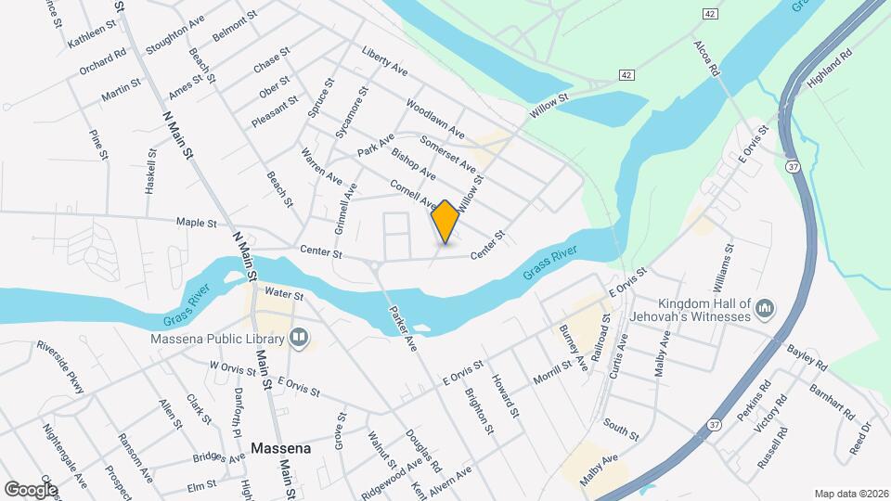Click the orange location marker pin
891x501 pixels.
point(445,222)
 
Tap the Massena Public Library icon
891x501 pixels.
point(299,337)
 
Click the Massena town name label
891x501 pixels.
point(280,448)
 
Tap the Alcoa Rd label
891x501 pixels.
point(707,58)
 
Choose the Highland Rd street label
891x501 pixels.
point(829,70)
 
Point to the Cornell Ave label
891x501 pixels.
point(414,193)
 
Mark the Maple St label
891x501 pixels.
point(196,223)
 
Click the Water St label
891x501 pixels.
point(284,294)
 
